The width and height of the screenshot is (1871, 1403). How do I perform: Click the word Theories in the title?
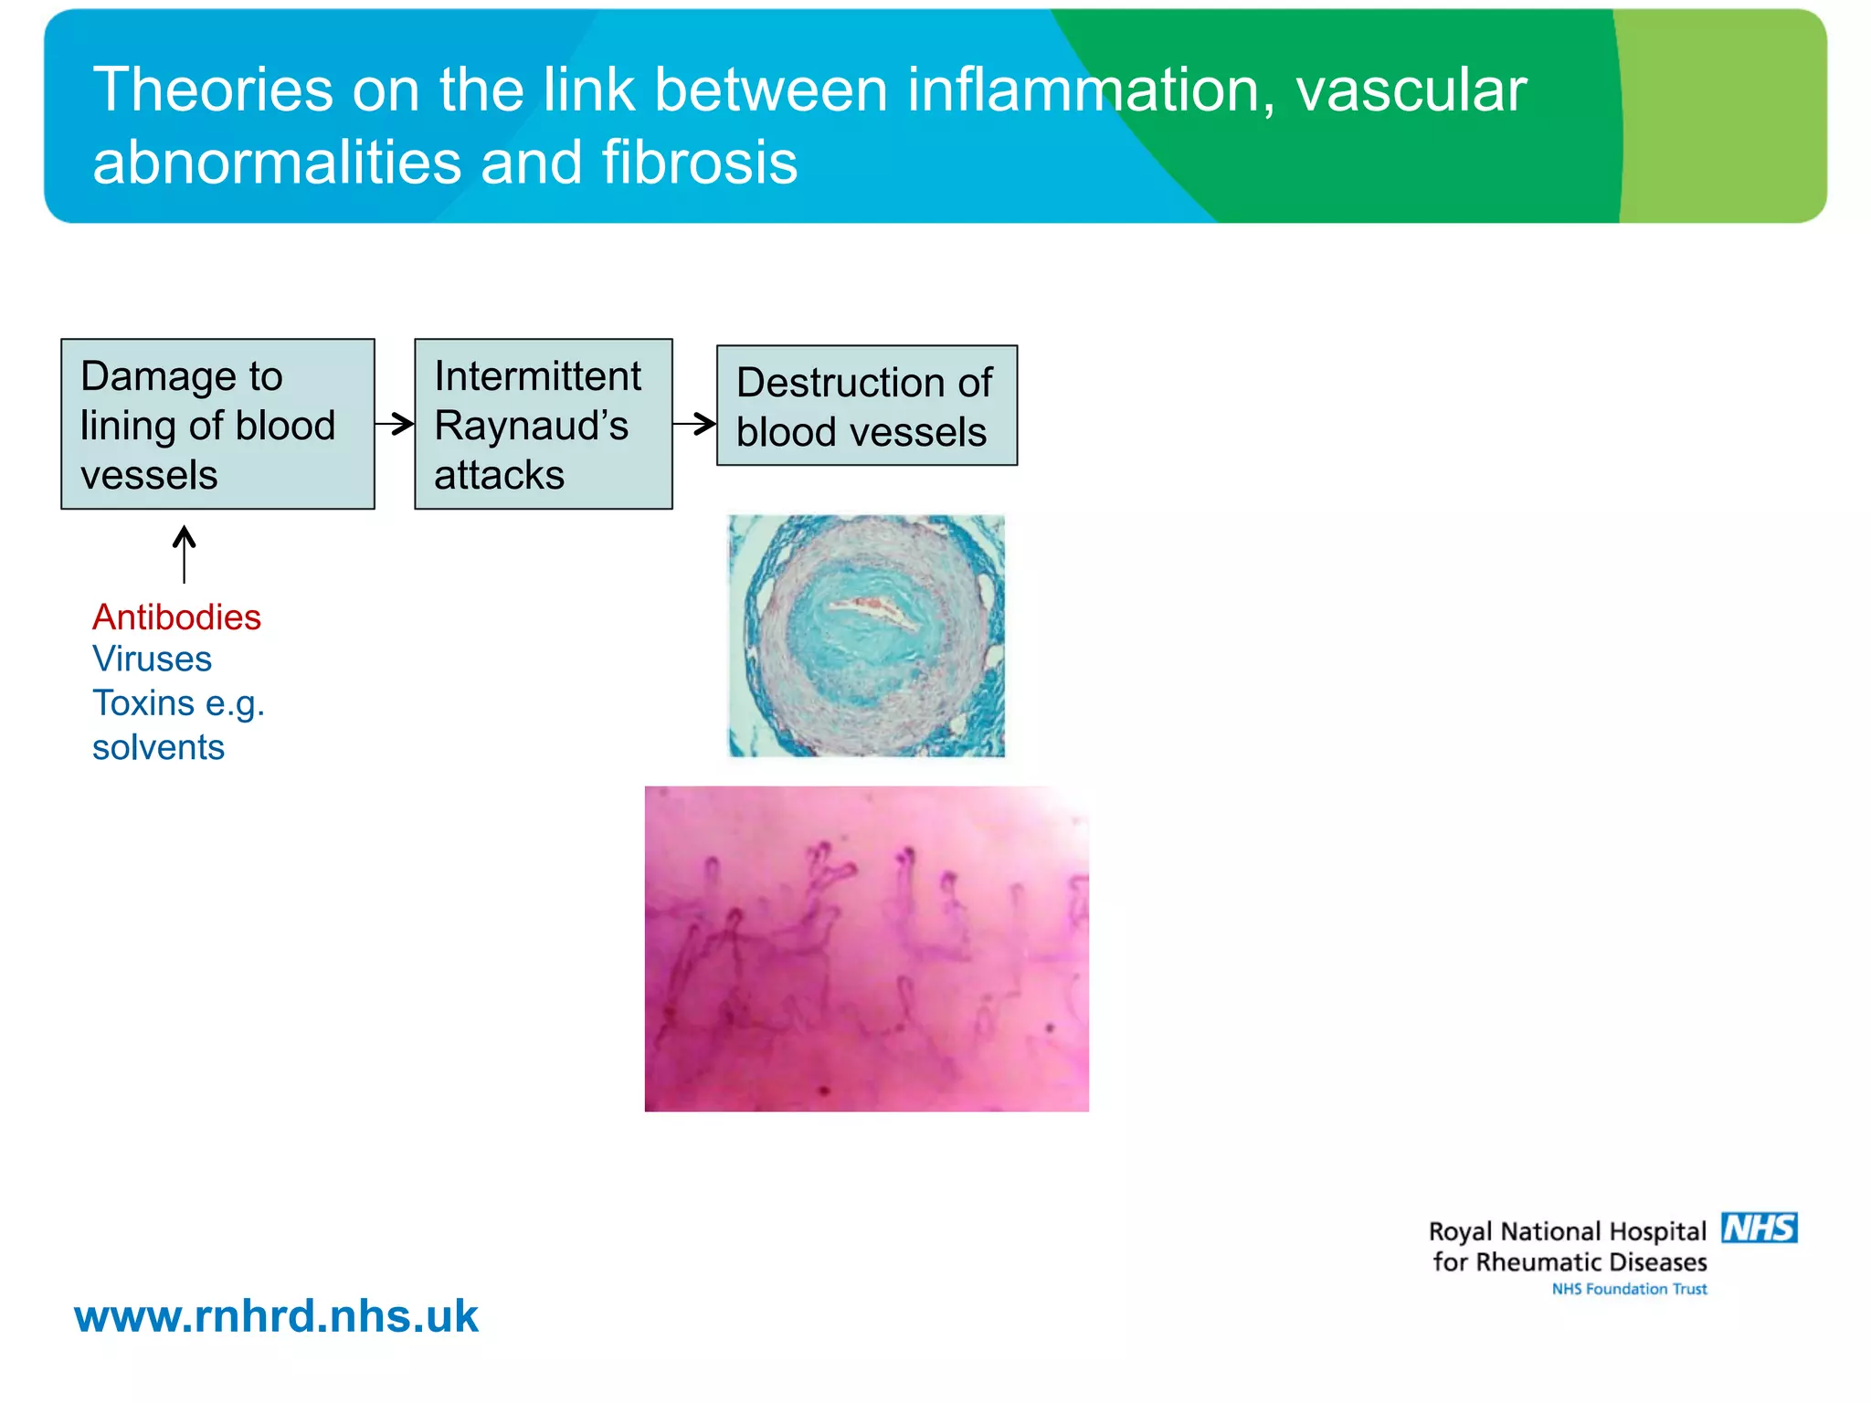tap(213, 90)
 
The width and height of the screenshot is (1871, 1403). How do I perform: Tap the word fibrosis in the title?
tap(699, 163)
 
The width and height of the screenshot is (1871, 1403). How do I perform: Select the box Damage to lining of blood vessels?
tap(217, 424)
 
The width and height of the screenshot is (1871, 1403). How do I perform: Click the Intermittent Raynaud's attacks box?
tap(543, 424)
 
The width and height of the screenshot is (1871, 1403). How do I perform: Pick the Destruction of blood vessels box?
tap(866, 406)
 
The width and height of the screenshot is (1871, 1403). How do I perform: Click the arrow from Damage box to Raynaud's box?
tap(395, 423)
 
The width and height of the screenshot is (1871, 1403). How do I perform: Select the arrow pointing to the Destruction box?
tap(695, 423)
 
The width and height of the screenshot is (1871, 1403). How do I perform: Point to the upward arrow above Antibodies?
tap(185, 554)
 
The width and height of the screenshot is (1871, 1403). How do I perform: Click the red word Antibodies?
tap(176, 617)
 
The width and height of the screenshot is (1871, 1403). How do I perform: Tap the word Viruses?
tap(152, 659)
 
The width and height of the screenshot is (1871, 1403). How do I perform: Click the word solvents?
tap(158, 747)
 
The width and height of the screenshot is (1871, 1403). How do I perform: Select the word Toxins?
tap(143, 703)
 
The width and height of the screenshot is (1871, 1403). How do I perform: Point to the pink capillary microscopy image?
tap(866, 948)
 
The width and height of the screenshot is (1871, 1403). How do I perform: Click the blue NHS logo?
tap(1759, 1228)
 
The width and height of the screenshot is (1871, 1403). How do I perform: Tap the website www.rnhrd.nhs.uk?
tap(276, 1316)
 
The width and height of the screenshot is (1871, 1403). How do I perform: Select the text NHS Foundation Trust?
tap(1629, 1289)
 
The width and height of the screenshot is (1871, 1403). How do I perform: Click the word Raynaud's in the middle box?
tap(531, 426)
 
